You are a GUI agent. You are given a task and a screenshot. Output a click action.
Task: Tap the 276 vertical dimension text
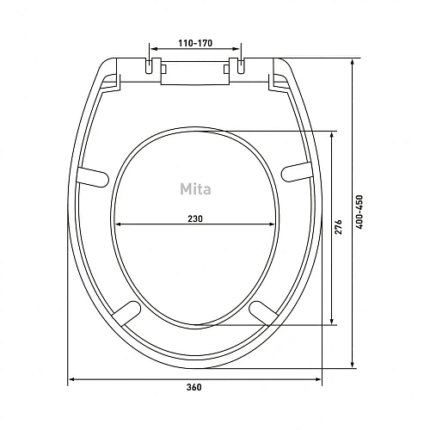pos(340,227)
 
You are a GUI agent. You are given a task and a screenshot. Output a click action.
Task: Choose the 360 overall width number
pos(196,388)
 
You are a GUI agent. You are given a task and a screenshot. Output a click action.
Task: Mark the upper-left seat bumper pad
pos(90,175)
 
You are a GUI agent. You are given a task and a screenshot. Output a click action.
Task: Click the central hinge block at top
pos(195,72)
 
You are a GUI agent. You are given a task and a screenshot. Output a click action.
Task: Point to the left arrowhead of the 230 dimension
pos(118,225)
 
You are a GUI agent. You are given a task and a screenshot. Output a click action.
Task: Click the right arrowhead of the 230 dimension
pos(275,225)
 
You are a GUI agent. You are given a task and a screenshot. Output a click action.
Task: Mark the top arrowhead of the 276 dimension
pos(332,135)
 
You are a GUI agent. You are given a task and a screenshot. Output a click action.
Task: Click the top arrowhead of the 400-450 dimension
pos(356,62)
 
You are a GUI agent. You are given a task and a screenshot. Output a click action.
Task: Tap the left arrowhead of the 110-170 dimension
pos(153,48)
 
